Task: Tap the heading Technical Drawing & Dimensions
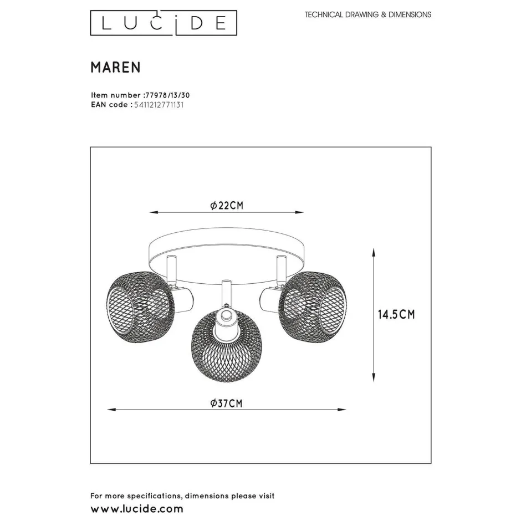367,15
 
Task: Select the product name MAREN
115,67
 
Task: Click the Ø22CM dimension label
227,206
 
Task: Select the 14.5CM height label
396,315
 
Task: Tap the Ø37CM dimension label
227,403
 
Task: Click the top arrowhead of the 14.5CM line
374,252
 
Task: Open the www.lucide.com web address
136,508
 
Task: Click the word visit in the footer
264,496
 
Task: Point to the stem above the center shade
226,294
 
